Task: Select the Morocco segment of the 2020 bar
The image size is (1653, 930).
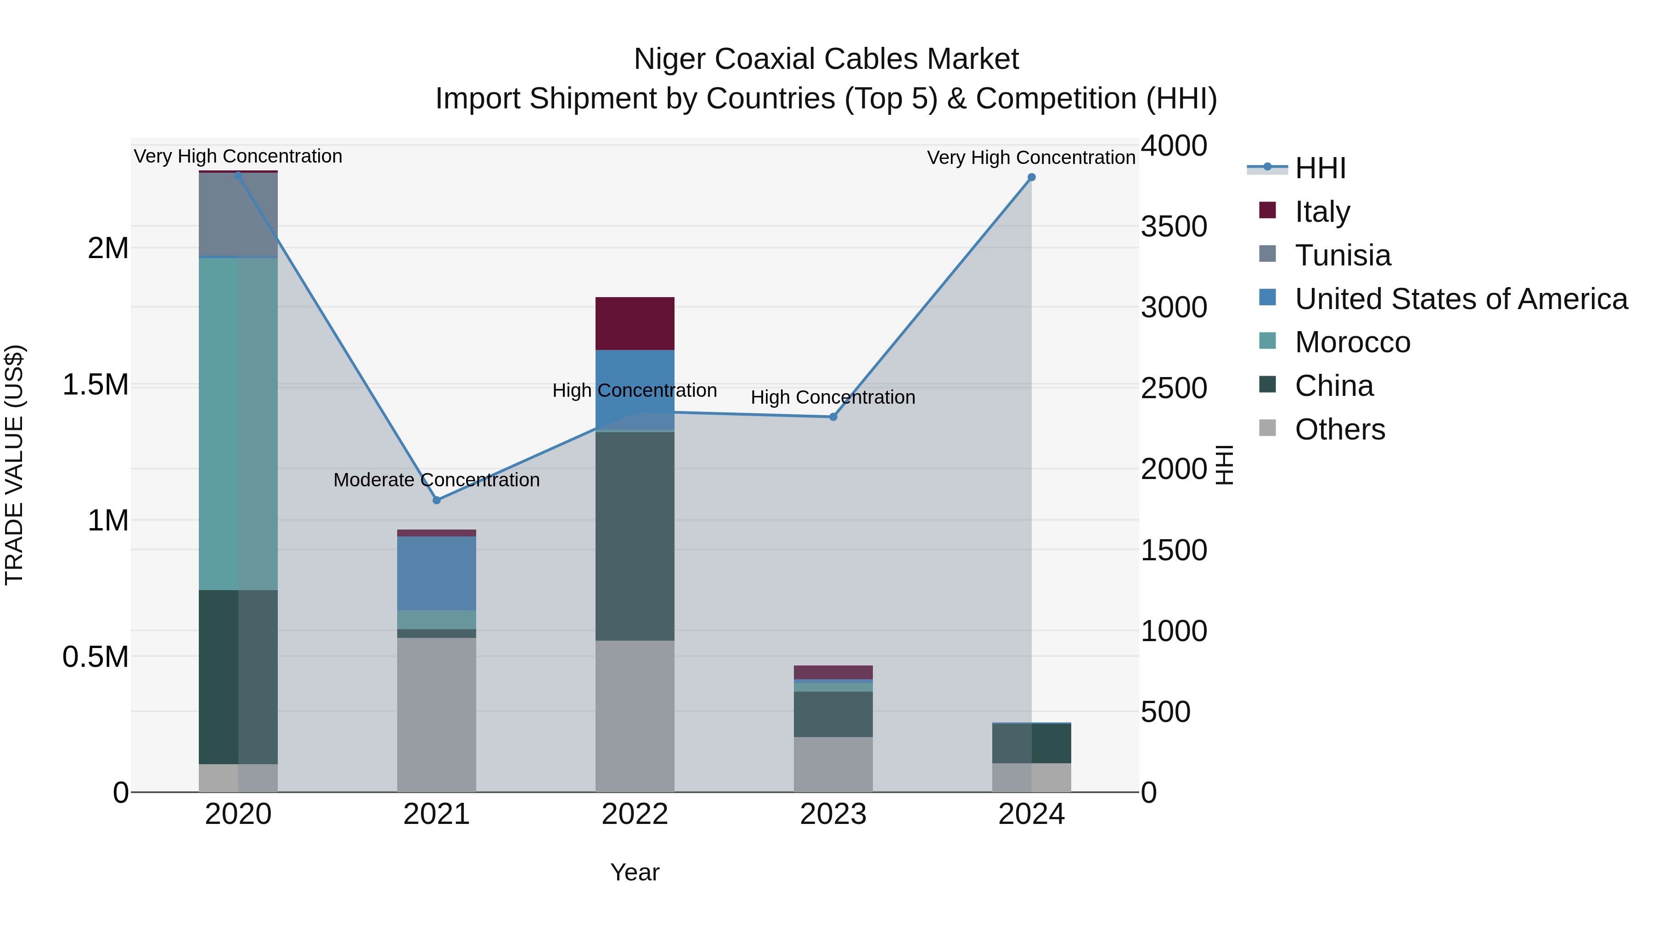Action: (238, 423)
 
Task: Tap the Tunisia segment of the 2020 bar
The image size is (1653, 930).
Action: (238, 215)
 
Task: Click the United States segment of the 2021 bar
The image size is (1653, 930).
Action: (436, 573)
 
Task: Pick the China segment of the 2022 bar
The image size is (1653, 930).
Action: (635, 536)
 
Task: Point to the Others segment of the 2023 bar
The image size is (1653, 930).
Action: (833, 764)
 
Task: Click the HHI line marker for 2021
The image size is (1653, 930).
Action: (436, 500)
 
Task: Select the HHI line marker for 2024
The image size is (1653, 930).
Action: (1031, 177)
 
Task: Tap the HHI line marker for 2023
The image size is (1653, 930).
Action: (833, 417)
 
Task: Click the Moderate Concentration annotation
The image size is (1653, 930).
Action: (436, 480)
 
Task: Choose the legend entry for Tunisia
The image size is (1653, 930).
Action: (1343, 255)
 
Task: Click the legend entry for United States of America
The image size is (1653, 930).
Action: (1461, 299)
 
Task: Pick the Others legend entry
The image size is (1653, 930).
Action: (1339, 429)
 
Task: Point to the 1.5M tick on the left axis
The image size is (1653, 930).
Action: (96, 385)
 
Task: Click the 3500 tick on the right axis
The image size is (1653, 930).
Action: (1174, 226)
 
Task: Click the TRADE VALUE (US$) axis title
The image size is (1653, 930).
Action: (15, 465)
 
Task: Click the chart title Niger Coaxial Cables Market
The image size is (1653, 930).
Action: (826, 59)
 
